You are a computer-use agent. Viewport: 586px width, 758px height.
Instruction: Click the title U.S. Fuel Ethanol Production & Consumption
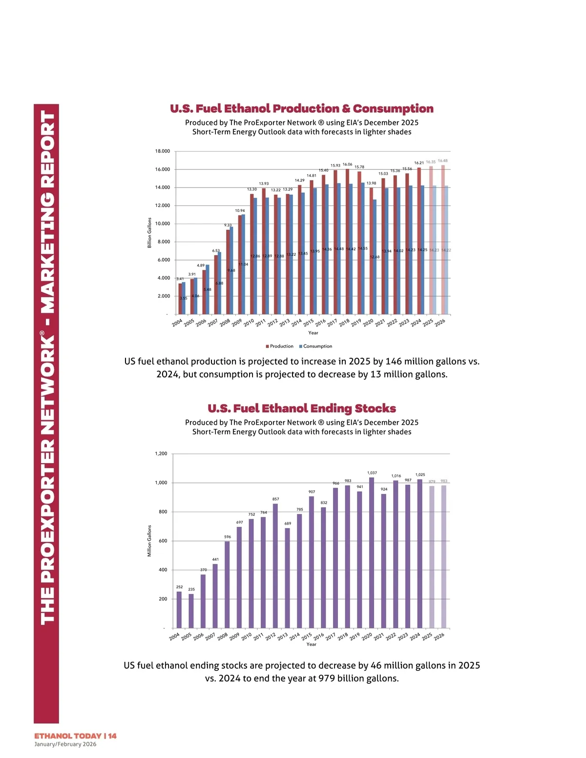pyautogui.click(x=301, y=108)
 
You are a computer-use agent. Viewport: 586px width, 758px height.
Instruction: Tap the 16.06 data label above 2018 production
pyautogui.click(x=347, y=164)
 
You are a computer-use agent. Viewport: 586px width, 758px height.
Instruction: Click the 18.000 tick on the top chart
pyautogui.click(x=163, y=151)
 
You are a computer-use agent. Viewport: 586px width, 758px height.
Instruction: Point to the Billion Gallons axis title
pyautogui.click(x=149, y=233)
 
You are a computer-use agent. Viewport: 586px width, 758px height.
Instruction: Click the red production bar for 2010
pyautogui.click(x=252, y=254)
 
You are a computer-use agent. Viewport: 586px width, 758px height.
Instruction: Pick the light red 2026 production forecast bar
pyautogui.click(x=443, y=239)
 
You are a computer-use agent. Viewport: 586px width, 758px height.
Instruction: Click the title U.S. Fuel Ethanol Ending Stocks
pyautogui.click(x=301, y=408)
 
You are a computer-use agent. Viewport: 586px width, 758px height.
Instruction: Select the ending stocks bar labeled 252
pyautogui.click(x=179, y=610)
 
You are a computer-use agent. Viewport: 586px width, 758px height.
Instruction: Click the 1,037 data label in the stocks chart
pyautogui.click(x=372, y=473)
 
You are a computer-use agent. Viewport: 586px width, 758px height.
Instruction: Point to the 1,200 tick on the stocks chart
pyautogui.click(x=161, y=454)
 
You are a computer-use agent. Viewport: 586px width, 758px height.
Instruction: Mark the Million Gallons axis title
pyautogui.click(x=149, y=541)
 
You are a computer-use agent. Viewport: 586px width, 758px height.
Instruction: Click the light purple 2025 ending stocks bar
pyautogui.click(x=432, y=556)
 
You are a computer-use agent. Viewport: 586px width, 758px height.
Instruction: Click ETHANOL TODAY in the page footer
pyautogui.click(x=68, y=736)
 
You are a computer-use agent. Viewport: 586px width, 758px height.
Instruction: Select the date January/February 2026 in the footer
pyautogui.click(x=65, y=744)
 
